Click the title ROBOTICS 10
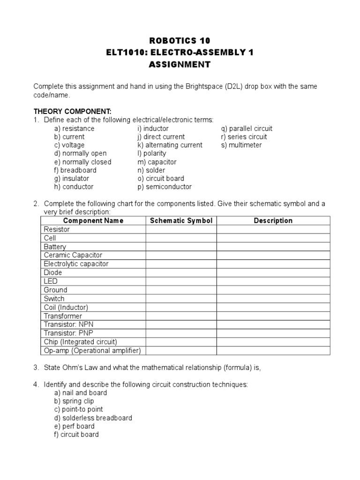[180, 41]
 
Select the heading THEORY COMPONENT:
[72, 111]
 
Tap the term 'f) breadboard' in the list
[75, 170]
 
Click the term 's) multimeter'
[241, 145]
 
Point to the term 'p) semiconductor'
[162, 187]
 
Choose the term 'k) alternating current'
[167, 145]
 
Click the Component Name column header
[93, 221]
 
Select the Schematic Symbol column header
[181, 221]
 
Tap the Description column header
[273, 221]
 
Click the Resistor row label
[57, 229]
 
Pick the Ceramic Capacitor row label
[73, 255]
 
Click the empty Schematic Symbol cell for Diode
[181, 272]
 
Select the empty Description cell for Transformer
[273, 316]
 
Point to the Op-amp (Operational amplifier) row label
[92, 351]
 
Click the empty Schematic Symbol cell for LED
[181, 281]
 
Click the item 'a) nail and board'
[80, 392]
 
